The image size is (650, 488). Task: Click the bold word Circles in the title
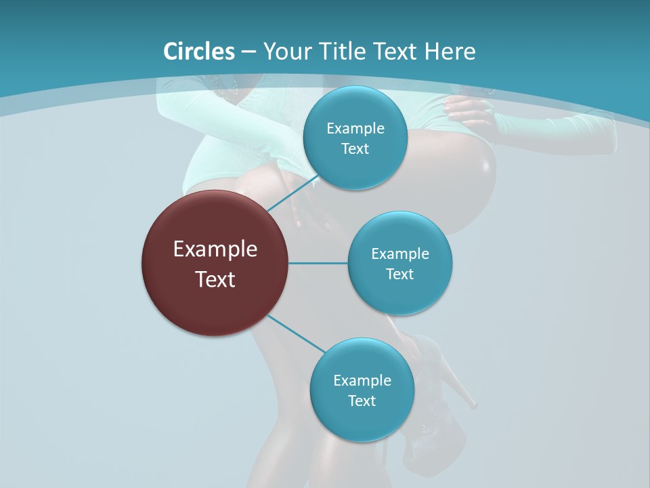coord(199,52)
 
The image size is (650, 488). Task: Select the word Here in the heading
coord(450,52)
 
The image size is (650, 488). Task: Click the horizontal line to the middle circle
coord(318,263)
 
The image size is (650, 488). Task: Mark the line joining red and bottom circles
coord(295,333)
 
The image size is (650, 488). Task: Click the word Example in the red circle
coord(215,249)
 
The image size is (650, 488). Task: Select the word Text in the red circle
coord(215,279)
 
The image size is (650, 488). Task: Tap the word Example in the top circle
coord(355,129)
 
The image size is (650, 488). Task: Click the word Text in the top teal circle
coord(355,149)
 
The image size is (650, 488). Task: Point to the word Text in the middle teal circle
coord(399,274)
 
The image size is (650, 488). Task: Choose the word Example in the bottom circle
coord(362,380)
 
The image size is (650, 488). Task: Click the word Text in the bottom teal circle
coord(362,401)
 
